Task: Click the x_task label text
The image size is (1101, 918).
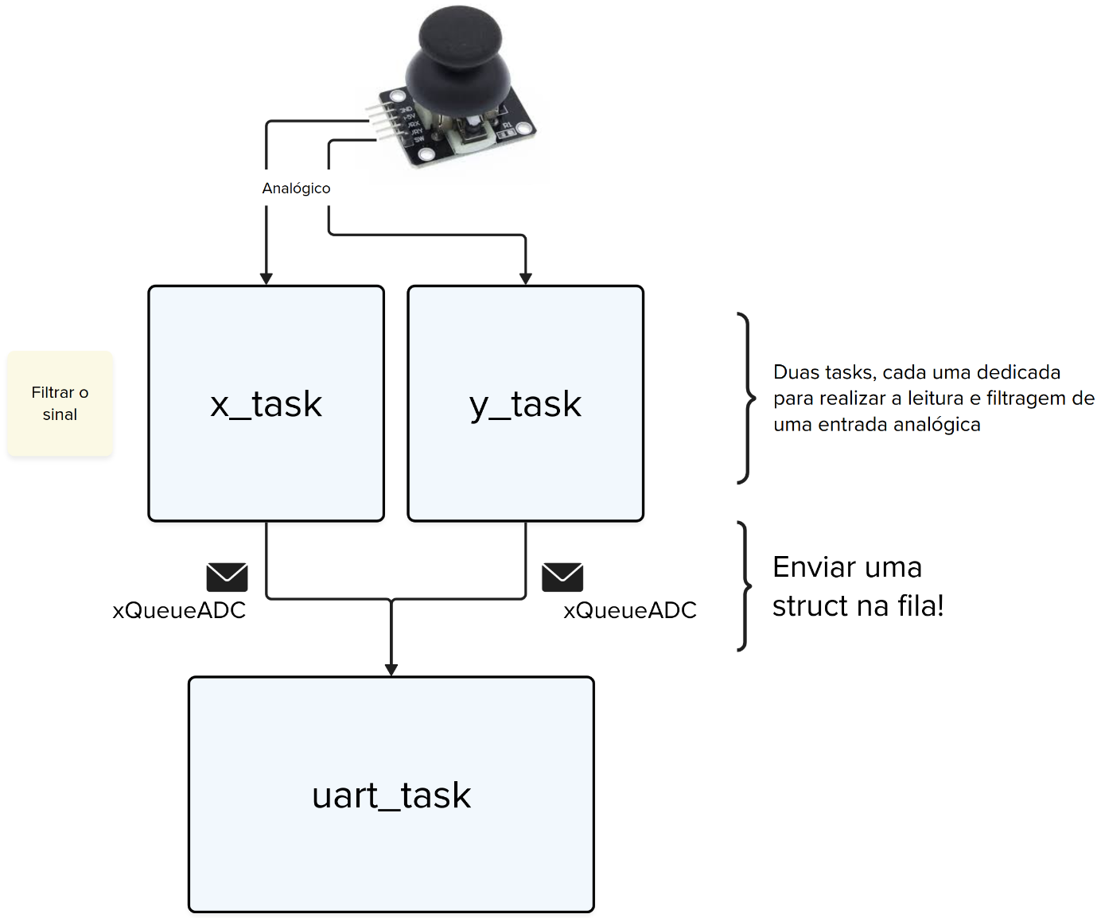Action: (x=266, y=404)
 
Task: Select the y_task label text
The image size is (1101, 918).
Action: (x=525, y=404)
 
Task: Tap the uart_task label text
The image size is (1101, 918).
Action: (x=391, y=795)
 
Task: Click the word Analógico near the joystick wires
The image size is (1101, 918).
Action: (x=296, y=189)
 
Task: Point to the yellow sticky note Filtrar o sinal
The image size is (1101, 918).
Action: (x=60, y=403)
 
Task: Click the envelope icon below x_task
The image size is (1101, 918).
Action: (x=227, y=577)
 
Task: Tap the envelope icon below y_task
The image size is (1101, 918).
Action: (x=562, y=577)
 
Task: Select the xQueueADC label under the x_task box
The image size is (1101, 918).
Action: (x=179, y=610)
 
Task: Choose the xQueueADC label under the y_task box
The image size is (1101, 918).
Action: (x=630, y=610)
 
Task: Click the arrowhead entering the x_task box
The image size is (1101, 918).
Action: (x=266, y=278)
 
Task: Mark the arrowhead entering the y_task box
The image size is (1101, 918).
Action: (x=526, y=278)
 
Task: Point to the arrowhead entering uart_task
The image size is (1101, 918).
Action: (x=391, y=670)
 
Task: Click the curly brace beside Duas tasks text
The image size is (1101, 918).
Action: (x=746, y=398)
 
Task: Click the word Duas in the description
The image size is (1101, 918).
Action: (x=796, y=372)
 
